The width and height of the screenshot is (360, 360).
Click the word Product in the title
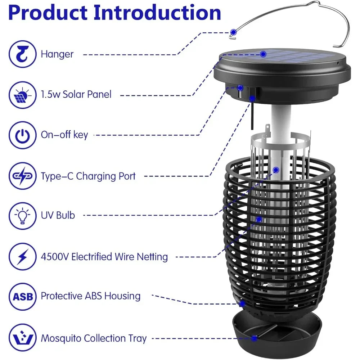pyautogui.click(x=47, y=13)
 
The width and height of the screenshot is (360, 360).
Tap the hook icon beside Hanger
pyautogui.click(x=23, y=54)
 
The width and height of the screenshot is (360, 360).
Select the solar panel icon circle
pyautogui.click(x=23, y=95)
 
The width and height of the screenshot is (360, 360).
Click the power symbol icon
pyautogui.click(x=23, y=135)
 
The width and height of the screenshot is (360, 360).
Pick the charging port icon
pyautogui.click(x=23, y=176)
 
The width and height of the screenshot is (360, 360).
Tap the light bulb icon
pyautogui.click(x=23, y=216)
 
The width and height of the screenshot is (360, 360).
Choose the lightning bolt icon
pyautogui.click(x=23, y=257)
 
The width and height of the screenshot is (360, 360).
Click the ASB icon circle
pyautogui.click(x=23, y=297)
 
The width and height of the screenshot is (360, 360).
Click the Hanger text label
pyautogui.click(x=57, y=54)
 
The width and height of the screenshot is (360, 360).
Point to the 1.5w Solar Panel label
pyautogui.click(x=76, y=95)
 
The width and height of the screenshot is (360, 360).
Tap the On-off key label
pyautogui.click(x=64, y=135)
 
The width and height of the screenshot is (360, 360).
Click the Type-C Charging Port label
pyautogui.click(x=88, y=176)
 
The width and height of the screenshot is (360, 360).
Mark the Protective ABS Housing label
pyautogui.click(x=90, y=296)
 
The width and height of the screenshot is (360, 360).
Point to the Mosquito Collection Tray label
pyautogui.click(x=94, y=338)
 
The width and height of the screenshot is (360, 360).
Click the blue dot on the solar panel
pyautogui.click(x=263, y=54)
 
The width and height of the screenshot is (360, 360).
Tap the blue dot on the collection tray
pyautogui.click(x=254, y=338)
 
